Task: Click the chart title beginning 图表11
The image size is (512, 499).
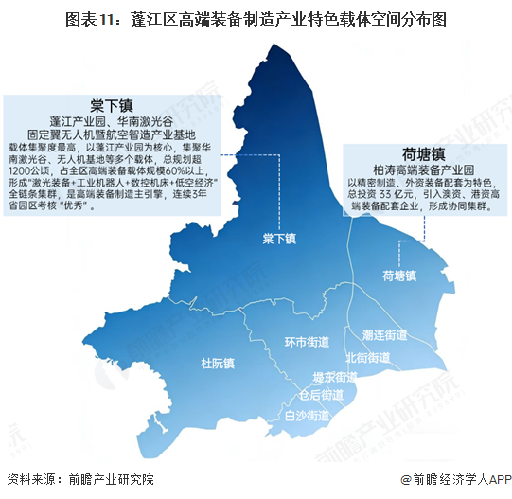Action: pos(256,18)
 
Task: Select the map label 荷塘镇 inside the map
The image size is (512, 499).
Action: pos(399,276)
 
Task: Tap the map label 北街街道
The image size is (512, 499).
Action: pos(367,358)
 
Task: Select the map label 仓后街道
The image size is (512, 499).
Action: pos(321,395)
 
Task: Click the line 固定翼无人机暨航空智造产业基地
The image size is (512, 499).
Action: pos(112,135)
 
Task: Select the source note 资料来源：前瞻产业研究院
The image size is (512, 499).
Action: pos(79,480)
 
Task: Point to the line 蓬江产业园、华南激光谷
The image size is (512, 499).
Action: pos(112,122)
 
